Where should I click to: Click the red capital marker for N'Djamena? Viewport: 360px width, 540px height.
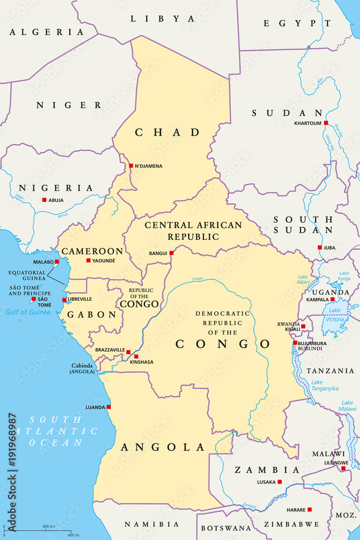pos(131,166)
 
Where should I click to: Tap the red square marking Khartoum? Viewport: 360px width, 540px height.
pos(325,123)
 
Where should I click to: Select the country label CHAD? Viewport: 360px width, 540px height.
pos(167,132)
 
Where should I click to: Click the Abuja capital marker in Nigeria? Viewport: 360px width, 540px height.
pos(44,200)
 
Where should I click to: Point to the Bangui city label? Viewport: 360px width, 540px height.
pos(158,253)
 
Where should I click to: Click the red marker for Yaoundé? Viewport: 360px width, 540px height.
pos(89,260)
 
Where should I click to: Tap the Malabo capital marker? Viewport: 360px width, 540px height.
pos(57,261)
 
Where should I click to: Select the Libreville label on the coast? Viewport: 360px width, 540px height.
pos(80,299)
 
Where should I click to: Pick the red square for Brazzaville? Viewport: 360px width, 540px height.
pos(128,352)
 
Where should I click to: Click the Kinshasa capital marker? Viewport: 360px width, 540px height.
pos(136,356)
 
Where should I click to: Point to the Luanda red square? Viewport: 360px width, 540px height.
pos(108,407)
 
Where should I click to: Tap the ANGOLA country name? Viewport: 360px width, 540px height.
pos(163,447)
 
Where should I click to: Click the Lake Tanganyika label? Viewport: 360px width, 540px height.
pos(325,386)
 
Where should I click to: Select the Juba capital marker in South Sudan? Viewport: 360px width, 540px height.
pos(320,247)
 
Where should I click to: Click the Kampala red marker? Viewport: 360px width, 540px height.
pos(332,299)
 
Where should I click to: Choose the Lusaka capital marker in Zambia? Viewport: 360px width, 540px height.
pos(280,481)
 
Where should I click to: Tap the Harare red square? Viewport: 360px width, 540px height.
pos(310,509)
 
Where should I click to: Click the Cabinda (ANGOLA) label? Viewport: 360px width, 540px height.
pos(81,368)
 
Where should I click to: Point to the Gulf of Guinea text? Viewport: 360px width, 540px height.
pos(27,312)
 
